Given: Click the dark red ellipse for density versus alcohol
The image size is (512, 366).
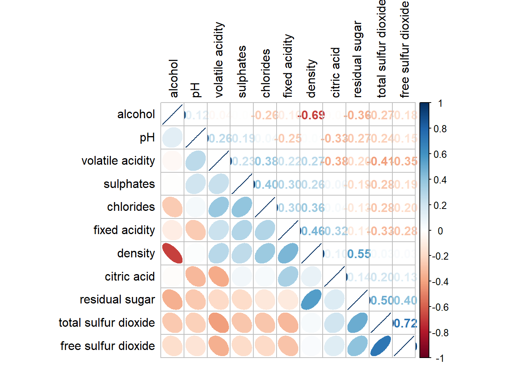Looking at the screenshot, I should [172, 253].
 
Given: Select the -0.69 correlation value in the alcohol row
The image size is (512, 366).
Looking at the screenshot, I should [312, 115].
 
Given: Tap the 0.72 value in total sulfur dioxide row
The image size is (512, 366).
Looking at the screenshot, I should [405, 323].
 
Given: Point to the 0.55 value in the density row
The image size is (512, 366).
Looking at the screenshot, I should [358, 254].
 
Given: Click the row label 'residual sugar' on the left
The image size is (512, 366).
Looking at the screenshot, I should [117, 300].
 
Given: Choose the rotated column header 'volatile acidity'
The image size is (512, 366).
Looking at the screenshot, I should [219, 59].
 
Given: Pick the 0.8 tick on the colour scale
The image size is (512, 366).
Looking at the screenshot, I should [440, 129].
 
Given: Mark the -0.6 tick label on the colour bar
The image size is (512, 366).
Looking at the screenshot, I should [440, 307].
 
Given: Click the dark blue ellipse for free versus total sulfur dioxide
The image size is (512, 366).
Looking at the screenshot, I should [381, 346].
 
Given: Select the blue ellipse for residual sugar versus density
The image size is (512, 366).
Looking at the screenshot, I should [311, 300].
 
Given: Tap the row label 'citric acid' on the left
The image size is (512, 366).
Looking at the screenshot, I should [130, 276].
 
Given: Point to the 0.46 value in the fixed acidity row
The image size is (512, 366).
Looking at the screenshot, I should [312, 231].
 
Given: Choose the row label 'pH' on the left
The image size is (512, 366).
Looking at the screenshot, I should [147, 138].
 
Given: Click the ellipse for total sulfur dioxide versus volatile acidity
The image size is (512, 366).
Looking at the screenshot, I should [219, 323].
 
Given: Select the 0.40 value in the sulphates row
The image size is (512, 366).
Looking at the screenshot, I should [266, 185].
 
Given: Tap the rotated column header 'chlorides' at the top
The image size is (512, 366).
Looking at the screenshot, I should [266, 73].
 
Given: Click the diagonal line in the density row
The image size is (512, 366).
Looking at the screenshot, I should [311, 253].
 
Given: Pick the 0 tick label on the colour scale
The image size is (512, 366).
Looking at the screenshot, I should [440, 231].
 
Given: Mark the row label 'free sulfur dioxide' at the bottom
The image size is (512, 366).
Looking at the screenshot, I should [107, 346].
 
